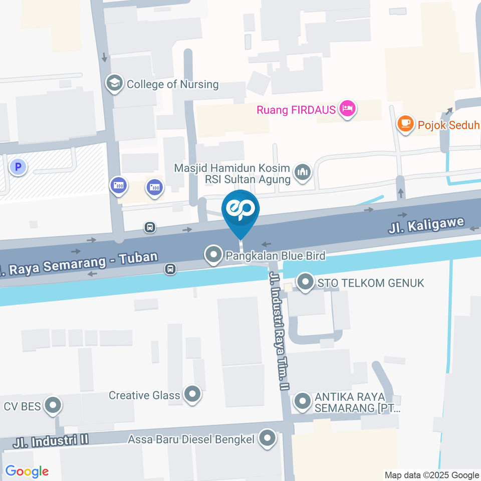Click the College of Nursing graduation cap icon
click(115, 84)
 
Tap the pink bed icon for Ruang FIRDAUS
click(347, 109)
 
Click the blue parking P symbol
click(19, 167)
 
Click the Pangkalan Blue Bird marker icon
click(214, 255)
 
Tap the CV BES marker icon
click(52, 405)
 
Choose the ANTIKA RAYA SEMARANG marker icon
click(302, 401)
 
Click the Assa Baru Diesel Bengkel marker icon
click(268, 439)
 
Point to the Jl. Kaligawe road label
click(427, 225)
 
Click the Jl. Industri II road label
click(51, 441)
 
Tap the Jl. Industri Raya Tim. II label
click(279, 331)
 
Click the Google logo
click(27, 471)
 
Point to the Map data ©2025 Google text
click(431, 475)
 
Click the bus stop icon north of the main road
click(150, 228)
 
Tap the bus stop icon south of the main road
click(170, 269)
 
